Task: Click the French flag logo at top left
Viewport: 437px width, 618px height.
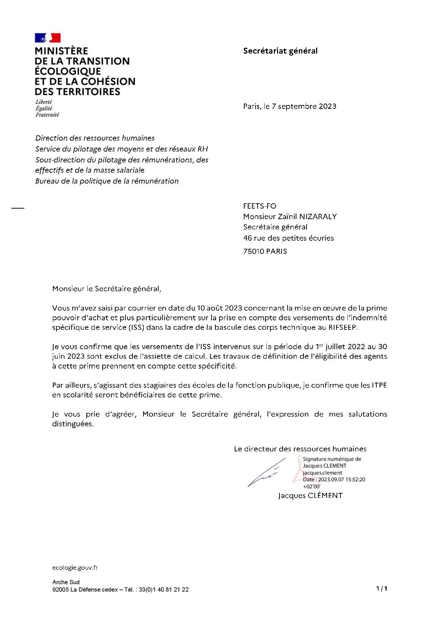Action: click(48, 38)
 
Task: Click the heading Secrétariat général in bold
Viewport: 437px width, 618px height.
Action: click(280, 51)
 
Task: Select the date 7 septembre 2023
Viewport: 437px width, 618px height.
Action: click(304, 106)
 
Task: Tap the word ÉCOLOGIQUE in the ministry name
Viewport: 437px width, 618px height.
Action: click(68, 71)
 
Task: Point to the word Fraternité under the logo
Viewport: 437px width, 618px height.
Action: click(47, 115)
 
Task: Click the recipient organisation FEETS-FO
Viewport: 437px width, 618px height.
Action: click(259, 206)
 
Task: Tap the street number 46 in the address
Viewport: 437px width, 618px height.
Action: click(247, 238)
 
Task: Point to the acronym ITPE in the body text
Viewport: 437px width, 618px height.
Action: click(379, 385)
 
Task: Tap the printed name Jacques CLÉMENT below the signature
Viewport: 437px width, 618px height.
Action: click(310, 495)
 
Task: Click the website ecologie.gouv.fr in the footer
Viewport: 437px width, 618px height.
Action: click(75, 568)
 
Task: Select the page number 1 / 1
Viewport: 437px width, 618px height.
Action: click(382, 588)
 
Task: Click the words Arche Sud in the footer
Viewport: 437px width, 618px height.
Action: click(66, 582)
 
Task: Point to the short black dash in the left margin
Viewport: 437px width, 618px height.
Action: click(18, 208)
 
